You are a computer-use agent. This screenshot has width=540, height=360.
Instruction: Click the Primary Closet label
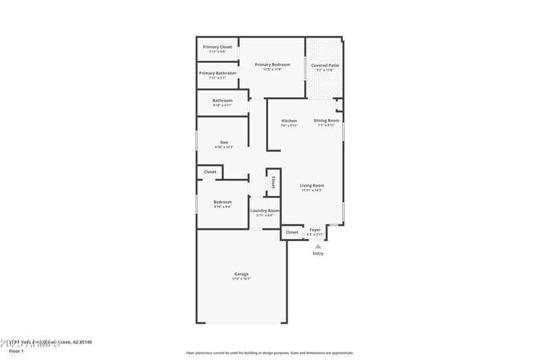coord(217,47)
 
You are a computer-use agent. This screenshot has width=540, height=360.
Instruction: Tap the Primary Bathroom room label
coord(217,73)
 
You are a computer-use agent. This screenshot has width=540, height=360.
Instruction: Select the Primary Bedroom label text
coord(272,65)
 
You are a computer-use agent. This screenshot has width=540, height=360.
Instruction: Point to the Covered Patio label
coord(325,66)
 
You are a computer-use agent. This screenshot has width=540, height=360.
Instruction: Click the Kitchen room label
coord(289,121)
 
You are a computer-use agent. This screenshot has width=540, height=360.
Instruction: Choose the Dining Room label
coord(327,120)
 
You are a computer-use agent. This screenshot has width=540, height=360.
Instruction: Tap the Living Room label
coord(312,185)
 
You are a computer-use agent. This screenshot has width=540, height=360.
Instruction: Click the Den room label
coord(224,142)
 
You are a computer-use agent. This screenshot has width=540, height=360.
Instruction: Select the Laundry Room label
coord(265,210)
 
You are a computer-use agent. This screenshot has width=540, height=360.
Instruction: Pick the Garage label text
coord(241,274)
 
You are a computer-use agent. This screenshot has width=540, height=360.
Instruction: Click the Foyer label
coord(315,230)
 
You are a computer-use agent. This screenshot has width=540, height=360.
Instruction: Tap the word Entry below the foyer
coord(318,253)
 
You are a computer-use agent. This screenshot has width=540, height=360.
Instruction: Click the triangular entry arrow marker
coord(318,246)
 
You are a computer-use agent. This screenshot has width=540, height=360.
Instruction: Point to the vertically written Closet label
coord(273,182)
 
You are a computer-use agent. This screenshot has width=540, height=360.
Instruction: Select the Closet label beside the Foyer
coord(292,232)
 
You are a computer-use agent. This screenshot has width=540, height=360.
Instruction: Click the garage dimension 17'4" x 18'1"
coord(241,278)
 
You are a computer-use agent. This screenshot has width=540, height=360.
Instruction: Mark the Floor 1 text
coord(16,351)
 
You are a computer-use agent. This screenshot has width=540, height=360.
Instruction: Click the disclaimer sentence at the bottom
coord(270,353)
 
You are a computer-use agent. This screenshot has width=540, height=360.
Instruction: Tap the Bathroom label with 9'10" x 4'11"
coord(223,101)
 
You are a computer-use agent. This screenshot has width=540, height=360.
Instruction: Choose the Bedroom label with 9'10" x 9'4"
coord(223,201)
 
